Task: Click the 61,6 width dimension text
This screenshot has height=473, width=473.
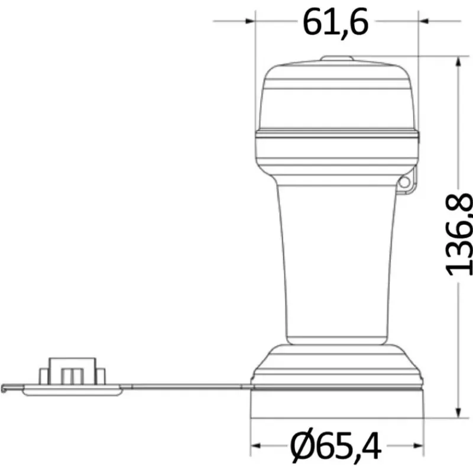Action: [335, 22]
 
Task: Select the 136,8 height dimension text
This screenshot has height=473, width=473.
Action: [459, 234]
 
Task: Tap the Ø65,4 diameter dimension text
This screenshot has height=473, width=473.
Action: [335, 446]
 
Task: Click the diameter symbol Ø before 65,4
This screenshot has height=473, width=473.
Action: [303, 446]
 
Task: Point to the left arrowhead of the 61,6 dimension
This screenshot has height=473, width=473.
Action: [250, 21]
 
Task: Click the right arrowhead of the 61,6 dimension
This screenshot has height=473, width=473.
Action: [423, 21]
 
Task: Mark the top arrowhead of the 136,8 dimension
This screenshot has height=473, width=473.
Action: [458, 61]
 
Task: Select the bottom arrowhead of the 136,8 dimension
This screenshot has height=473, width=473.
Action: [458, 413]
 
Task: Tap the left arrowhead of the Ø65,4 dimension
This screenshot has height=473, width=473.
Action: [256, 446]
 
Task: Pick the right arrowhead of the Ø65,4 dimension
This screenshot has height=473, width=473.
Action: [419, 446]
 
